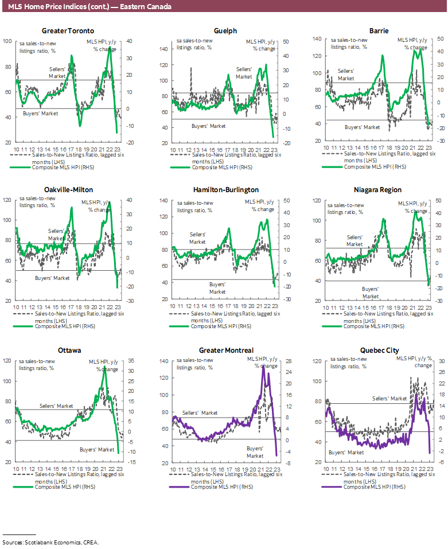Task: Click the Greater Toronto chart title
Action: click(68, 31)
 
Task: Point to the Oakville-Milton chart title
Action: click(68, 190)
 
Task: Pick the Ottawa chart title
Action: click(68, 350)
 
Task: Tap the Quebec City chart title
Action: click(378, 350)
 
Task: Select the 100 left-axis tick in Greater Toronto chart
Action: click(7, 41)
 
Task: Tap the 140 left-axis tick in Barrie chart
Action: click(316, 39)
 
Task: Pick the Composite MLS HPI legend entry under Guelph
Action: click(213, 167)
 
